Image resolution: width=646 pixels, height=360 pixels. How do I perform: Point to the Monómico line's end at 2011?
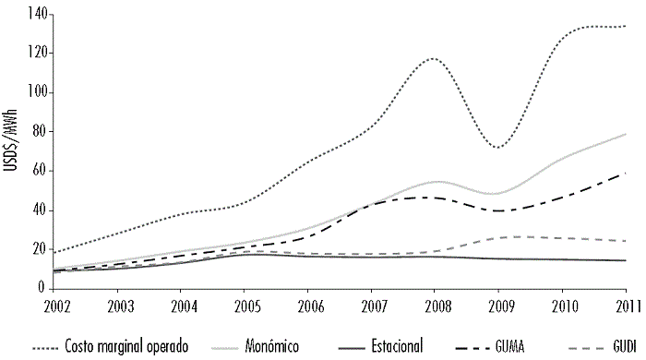(627, 134)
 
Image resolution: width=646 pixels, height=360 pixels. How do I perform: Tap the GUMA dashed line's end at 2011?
(627, 173)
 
